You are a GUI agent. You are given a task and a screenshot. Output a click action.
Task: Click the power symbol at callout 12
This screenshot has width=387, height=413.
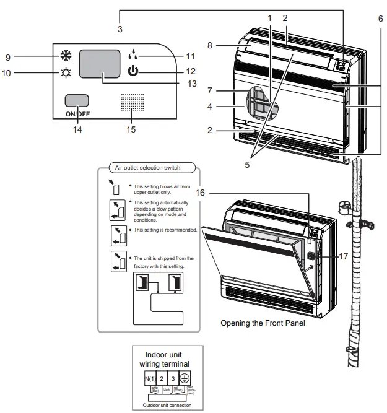pos(132,71)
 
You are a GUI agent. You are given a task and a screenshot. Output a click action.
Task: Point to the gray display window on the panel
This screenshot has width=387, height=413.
pos(99,65)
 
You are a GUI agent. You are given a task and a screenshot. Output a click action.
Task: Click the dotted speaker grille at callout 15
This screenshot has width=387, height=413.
pos(131,103)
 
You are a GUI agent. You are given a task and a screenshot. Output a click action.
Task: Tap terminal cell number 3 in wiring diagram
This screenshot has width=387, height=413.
pos(174,378)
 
